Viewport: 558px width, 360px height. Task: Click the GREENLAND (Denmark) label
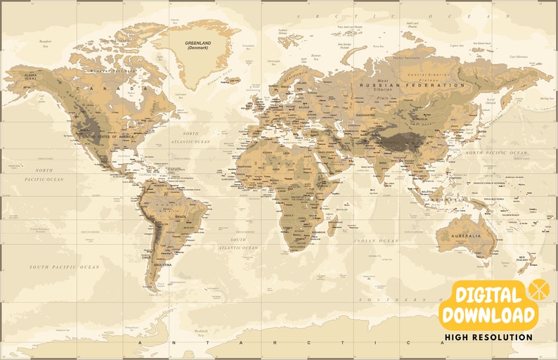pyautogui.click(x=198, y=44)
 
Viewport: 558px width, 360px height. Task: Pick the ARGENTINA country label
pyautogui.click(x=163, y=264)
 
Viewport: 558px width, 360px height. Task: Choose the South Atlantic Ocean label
pyautogui.click(x=239, y=243)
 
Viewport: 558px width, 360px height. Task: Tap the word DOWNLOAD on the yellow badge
pyautogui.click(x=488, y=314)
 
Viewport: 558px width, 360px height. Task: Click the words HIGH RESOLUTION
pyautogui.click(x=488, y=337)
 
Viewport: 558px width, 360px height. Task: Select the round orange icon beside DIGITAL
pyautogui.click(x=538, y=288)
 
